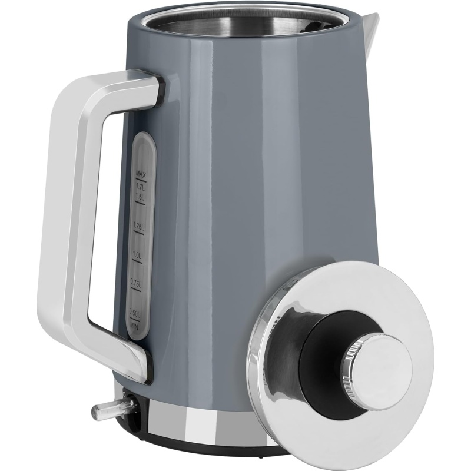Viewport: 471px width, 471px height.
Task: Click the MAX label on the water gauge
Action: [x=141, y=174]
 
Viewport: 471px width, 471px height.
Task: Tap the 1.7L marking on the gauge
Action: [x=140, y=186]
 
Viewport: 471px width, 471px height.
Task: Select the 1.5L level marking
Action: [x=140, y=197]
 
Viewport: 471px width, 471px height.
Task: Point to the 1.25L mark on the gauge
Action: [x=139, y=226]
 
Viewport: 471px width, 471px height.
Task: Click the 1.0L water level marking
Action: [x=137, y=255]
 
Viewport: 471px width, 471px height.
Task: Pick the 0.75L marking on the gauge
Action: [x=136, y=283]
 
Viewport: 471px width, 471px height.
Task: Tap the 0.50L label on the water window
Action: [x=134, y=313]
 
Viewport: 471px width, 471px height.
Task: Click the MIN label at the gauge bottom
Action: [x=134, y=326]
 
